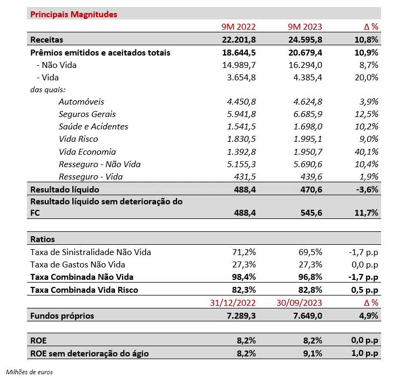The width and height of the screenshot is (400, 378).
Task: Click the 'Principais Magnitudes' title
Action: tap(74, 14)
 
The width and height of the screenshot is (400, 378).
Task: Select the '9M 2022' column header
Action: tap(238, 27)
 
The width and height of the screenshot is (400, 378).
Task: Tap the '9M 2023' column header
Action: tap(305, 27)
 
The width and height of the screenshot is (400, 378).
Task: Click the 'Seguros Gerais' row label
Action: tap(87, 114)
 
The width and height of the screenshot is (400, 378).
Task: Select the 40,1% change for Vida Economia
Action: tap(365, 152)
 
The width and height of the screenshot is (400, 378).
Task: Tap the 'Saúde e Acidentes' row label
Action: tap(93, 127)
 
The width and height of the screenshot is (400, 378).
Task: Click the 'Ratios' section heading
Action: tap(43, 239)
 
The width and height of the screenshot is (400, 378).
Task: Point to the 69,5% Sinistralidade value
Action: tap(309, 252)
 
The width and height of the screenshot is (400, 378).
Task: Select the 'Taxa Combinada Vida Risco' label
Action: tap(84, 290)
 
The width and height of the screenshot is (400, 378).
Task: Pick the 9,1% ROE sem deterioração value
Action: tap(311, 354)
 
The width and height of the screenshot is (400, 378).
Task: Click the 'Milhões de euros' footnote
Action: tap(30, 372)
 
